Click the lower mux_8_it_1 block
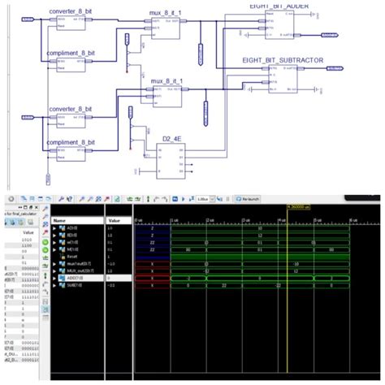167,96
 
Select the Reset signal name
72,256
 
